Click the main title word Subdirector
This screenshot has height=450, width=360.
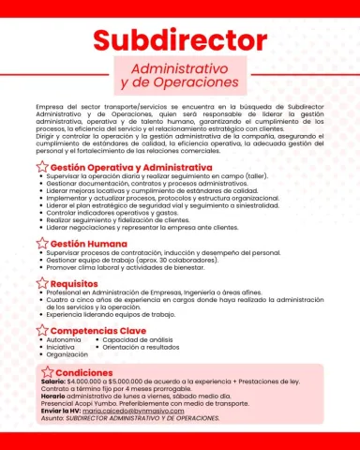pos(179,41)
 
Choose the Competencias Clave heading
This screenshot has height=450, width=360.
pos(105,331)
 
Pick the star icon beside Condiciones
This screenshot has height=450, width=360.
pos(48,372)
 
